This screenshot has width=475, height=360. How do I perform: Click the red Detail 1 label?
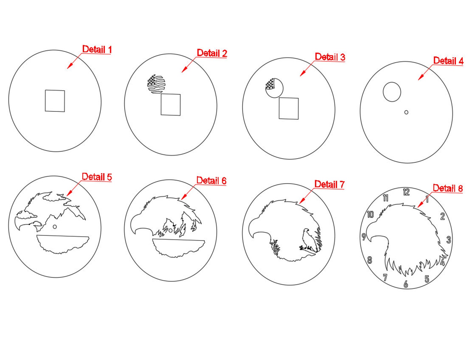coord(97,49)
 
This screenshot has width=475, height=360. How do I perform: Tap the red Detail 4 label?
coord(448,61)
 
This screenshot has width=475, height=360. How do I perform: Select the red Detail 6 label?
coord(211,180)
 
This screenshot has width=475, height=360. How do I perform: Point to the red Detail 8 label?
coord(448,188)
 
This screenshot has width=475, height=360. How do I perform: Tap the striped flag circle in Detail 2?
coord(156,84)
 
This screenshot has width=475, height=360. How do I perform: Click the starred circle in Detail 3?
coord(274,88)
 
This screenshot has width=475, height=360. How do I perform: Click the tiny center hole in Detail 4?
coord(406,112)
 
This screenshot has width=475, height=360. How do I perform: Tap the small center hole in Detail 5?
coord(55,227)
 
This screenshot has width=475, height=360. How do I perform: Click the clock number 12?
coord(406,192)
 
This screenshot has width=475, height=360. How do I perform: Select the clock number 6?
coord(406,284)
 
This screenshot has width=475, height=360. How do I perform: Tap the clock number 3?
coord(449,240)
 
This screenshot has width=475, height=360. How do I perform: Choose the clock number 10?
coord(370,215)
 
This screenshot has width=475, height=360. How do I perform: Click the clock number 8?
coord(370,260)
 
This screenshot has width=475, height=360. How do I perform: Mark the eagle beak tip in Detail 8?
coord(371,241)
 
